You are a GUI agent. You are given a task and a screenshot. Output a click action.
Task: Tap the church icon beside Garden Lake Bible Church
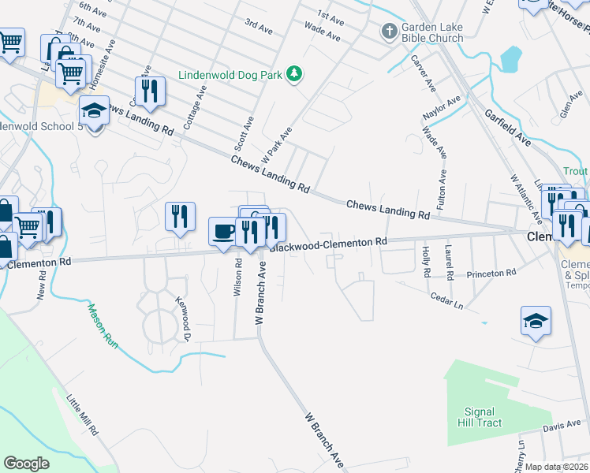388,32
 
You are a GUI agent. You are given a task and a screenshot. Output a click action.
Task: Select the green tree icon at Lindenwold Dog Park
295,73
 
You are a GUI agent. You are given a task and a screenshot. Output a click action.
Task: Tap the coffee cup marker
223,231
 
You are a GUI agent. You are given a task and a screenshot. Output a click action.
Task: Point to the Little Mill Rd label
82,415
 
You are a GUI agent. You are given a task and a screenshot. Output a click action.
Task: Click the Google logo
27,464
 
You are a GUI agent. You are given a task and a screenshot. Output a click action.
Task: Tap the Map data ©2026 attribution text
557,467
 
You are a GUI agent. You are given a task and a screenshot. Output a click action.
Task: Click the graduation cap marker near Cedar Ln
536,321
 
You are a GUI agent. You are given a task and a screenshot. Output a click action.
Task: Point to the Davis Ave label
561,427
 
